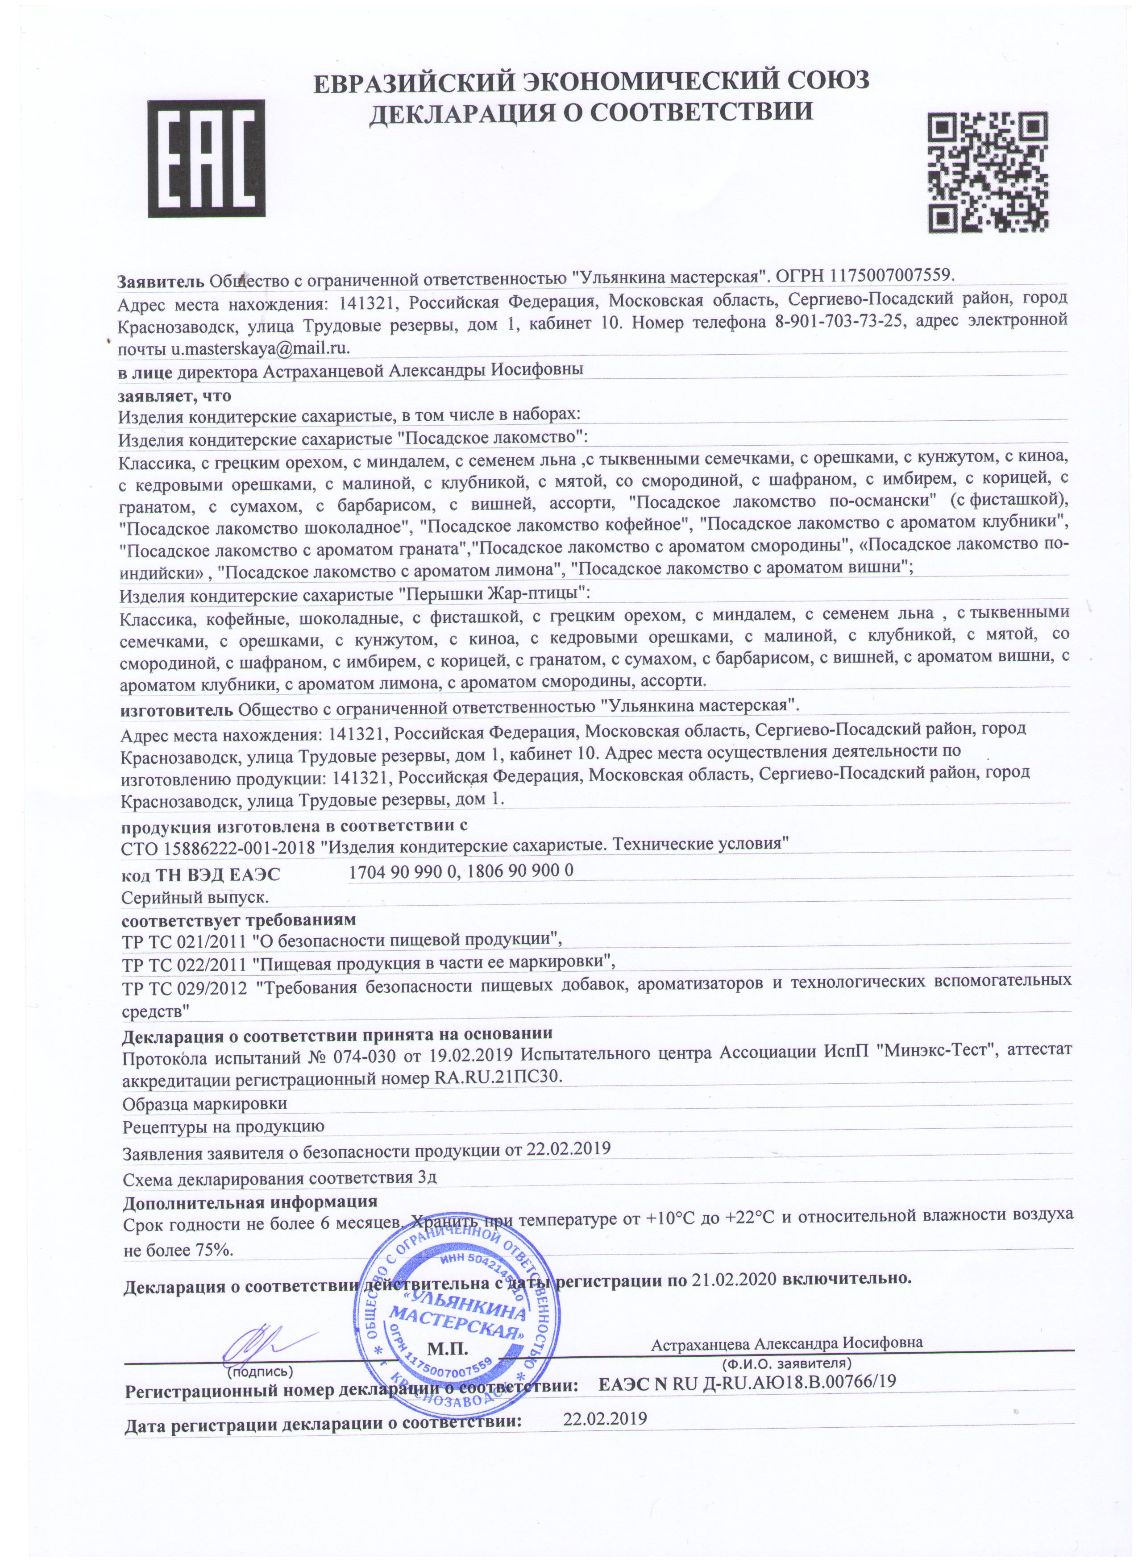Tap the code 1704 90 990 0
[403, 871]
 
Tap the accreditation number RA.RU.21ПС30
[499, 1078]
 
